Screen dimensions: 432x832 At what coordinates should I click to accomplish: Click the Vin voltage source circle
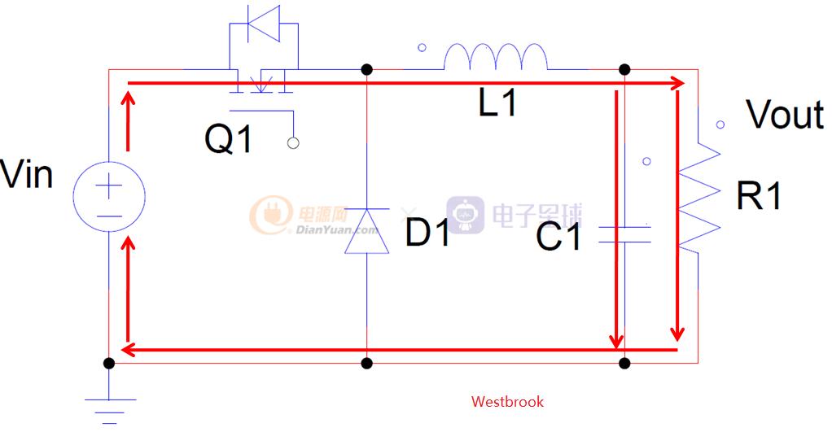coord(109,196)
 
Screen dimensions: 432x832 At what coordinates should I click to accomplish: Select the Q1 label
coord(229,139)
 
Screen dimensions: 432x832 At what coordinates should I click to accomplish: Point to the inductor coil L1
coord(494,59)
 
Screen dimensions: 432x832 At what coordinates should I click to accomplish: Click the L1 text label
coord(497,103)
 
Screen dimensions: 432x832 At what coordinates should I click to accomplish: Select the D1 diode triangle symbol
coord(366,229)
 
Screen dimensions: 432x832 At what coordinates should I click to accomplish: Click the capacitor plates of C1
coord(624,235)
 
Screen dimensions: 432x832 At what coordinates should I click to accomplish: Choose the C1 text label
coord(560,238)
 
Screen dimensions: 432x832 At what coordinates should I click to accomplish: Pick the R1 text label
coord(759,196)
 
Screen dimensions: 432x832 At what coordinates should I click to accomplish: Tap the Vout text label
coord(785,115)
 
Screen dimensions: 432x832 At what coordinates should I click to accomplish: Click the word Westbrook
coord(507,401)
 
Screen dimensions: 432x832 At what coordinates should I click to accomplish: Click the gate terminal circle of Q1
coord(293,143)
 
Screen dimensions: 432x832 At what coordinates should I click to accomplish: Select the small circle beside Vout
coord(720,124)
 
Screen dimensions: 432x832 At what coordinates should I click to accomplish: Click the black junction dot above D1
coord(366,70)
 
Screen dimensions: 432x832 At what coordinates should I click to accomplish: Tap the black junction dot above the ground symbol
coord(109,363)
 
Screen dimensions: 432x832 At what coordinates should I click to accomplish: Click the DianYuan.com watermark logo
coord(313,216)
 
